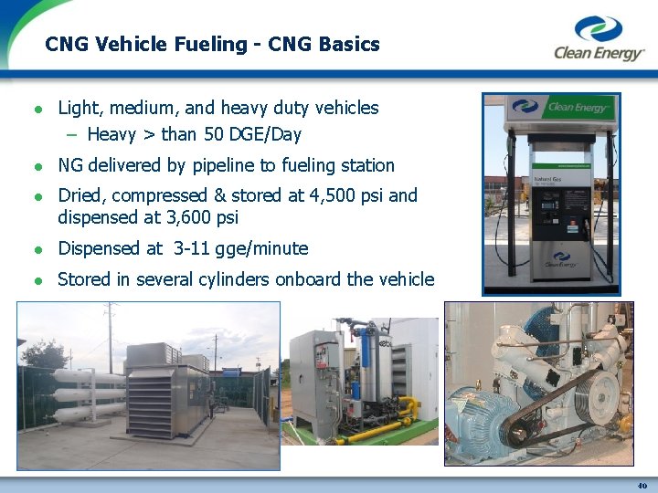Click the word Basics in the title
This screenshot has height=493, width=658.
point(349,44)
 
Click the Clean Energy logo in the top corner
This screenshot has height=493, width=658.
point(599,37)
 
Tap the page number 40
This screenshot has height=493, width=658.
point(642,486)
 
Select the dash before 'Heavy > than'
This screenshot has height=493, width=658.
point(72,135)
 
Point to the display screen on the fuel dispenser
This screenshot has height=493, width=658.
point(551,205)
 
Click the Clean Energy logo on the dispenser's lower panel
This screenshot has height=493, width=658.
point(561,260)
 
